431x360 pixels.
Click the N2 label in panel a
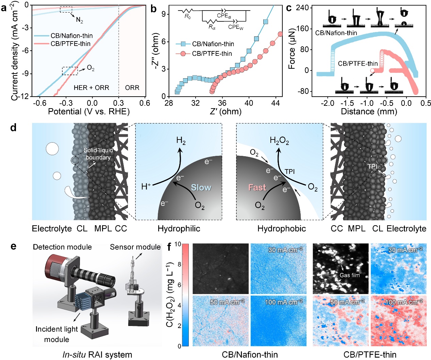pos(80,20)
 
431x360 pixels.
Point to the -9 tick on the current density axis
pos(26,74)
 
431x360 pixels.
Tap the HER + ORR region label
pos(92,88)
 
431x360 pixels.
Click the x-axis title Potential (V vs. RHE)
pos(89,111)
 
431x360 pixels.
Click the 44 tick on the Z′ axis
pos(276,103)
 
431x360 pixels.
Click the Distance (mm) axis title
pos(369,111)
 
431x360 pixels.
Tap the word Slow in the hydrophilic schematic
pos(201,187)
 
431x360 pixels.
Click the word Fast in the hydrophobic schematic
pos(257,187)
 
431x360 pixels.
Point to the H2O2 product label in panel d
pos(279,141)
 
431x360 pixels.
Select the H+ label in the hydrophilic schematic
pos(146,186)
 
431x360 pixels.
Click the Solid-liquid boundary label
pos(98,154)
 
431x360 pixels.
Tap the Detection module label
pos(62,247)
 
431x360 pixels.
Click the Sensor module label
pos(135,247)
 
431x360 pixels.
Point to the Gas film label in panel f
pos(349,275)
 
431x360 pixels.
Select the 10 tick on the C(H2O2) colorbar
pos(178,244)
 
